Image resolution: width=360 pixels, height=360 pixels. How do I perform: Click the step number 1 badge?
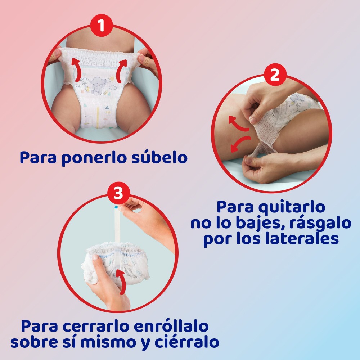click(101, 25)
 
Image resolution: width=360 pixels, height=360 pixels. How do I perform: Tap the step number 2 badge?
click(275, 75)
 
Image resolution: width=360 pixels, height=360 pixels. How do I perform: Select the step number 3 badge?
click(118, 193)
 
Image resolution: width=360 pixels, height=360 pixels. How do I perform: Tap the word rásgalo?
click(320, 223)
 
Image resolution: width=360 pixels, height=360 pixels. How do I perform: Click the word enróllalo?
click(171, 326)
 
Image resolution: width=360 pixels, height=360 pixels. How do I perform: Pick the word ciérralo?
click(187, 342)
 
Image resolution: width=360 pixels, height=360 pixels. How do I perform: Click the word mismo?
click(109, 342)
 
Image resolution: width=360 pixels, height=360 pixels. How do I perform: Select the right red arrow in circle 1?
click(121, 71)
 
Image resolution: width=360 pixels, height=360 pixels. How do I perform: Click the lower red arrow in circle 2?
click(240, 143)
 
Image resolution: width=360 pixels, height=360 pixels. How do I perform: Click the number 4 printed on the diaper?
click(107, 108)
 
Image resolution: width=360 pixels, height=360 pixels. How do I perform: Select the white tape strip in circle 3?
click(117, 225)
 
